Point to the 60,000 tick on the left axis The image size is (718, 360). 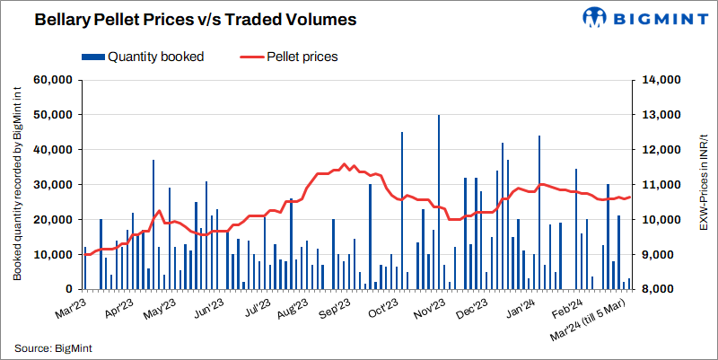[x=52, y=80]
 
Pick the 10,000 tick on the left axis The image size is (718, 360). [x=52, y=254]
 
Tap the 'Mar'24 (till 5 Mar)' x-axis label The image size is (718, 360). [x=591, y=320]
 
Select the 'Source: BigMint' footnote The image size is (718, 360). [x=53, y=347]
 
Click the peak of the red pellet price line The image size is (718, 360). [x=345, y=164]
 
